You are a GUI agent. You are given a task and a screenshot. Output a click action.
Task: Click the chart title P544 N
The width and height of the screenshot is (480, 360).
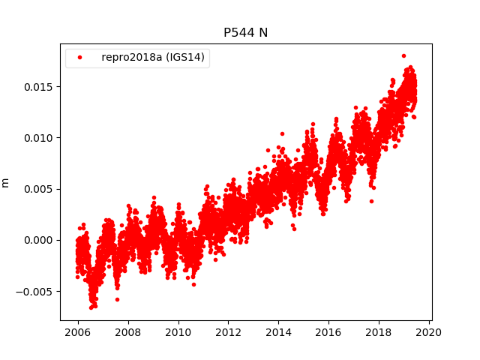coord(245,32)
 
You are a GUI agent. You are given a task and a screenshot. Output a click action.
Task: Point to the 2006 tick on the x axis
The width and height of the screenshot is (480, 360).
coord(78,332)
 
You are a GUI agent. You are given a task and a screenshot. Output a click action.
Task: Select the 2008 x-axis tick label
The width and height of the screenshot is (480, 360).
coord(128,332)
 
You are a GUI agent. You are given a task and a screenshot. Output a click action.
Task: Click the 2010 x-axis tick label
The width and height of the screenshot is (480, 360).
coord(178,332)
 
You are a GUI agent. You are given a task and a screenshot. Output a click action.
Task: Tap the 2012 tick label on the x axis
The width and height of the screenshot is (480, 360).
coord(228,332)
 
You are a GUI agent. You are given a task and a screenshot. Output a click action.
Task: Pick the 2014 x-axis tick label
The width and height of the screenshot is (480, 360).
coord(278,332)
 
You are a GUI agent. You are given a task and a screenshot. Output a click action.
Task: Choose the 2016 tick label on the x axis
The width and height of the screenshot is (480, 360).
coord(328,332)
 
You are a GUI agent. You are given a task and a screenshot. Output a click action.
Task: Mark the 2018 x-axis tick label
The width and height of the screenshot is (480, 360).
coord(379,332)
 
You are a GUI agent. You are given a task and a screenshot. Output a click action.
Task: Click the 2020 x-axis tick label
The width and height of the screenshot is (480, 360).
coord(428,332)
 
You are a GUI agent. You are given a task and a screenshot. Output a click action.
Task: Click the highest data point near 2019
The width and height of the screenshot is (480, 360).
coord(403,55)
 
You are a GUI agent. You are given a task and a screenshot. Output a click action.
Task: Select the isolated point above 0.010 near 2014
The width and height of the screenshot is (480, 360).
coord(282,133)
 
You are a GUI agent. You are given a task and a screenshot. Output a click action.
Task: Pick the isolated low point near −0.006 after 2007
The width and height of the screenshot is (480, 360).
coord(117,299)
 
